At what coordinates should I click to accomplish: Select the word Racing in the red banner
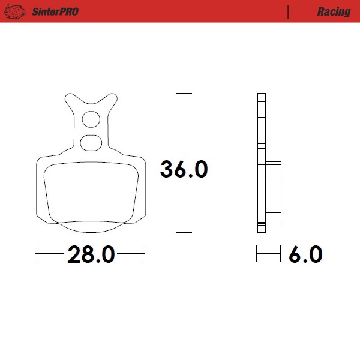click(334, 11)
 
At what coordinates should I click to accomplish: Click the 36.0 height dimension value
click(184, 170)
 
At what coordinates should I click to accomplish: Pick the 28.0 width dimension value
click(91, 254)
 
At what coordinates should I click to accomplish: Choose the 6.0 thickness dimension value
click(305, 254)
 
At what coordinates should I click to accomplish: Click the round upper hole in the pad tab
click(91, 120)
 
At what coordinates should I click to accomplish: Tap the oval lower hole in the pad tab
click(91, 142)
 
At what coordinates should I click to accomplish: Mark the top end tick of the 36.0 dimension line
click(184, 94)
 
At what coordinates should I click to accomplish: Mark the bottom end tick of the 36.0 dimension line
click(184, 232)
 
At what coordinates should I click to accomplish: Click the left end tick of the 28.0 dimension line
click(36, 254)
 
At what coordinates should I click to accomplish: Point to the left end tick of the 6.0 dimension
click(257, 254)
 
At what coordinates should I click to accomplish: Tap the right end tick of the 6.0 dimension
click(281, 254)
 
